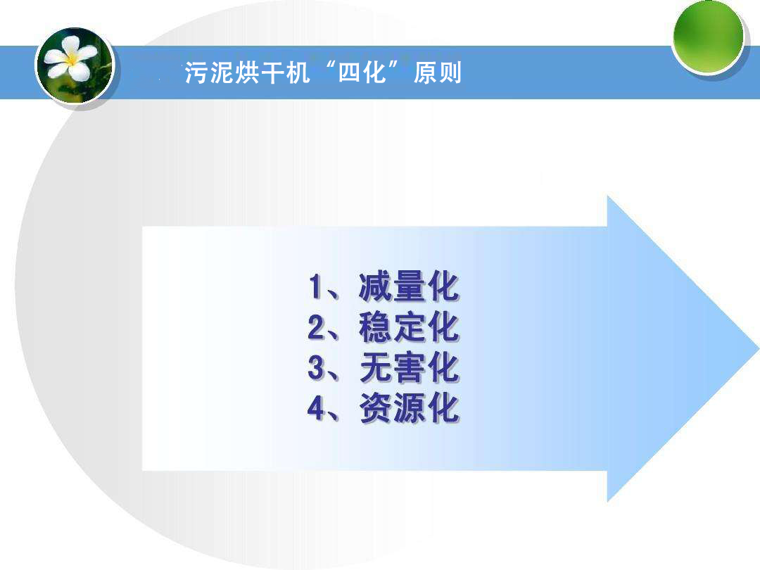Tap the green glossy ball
tap(708, 35)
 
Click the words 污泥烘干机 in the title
tap(247, 73)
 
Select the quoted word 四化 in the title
tap(363, 72)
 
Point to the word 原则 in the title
tap(438, 73)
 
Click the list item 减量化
tap(408, 286)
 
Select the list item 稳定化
tap(408, 327)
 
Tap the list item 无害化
tap(408, 368)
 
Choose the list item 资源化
tap(408, 409)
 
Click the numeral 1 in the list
tap(316, 287)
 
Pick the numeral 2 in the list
tap(316, 328)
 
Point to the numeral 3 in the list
tap(316, 369)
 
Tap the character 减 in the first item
tap(375, 286)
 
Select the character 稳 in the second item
tap(375, 327)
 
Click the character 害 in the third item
tap(409, 368)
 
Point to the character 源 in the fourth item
tap(409, 409)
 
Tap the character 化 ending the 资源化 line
tap(443, 409)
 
